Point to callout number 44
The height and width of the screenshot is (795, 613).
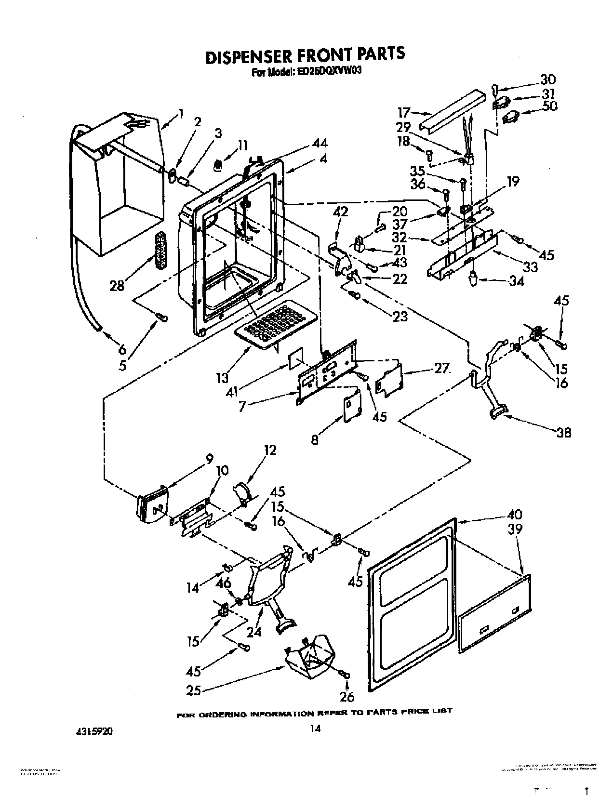319,143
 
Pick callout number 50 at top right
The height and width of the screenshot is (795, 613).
549,106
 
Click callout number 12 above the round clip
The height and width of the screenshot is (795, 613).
270,450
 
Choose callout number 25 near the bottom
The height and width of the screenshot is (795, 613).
193,690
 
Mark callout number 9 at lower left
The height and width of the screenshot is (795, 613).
209,460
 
